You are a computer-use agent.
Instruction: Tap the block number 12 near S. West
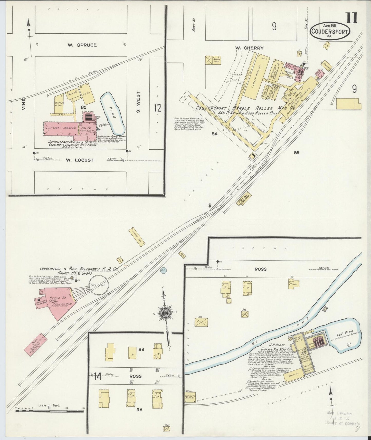pyautogui.click(x=158, y=108)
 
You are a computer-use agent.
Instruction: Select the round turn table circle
pyautogui.click(x=99, y=285)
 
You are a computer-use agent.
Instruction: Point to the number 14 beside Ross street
pyautogui.click(x=98, y=377)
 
